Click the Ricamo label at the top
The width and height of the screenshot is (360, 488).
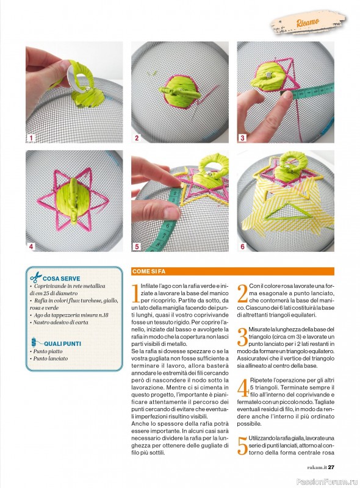tap(308, 22)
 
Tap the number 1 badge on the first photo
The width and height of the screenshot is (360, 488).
tap(31, 138)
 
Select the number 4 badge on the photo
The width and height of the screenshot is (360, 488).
tap(31, 246)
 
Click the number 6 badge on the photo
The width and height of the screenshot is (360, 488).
tap(243, 246)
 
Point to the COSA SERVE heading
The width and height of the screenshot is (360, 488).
tap(62, 279)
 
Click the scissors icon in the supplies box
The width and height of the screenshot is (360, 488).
tap(36, 277)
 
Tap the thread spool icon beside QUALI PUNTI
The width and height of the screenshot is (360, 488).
tap(34, 342)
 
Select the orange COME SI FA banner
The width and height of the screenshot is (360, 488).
tap(232, 271)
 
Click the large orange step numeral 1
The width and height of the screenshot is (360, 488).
tap(135, 293)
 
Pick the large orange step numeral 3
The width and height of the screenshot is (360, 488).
tap(242, 337)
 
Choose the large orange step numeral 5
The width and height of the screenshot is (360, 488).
tap(242, 447)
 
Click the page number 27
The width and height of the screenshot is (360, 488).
tap(331, 467)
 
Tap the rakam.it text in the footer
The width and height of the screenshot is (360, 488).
tap(317, 467)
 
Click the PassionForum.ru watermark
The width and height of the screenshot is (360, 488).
tap(326, 482)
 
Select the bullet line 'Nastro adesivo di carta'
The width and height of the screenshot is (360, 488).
tap(59, 323)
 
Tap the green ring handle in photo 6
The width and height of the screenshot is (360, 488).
tap(286, 161)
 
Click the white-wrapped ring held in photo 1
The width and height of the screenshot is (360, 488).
tap(79, 76)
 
